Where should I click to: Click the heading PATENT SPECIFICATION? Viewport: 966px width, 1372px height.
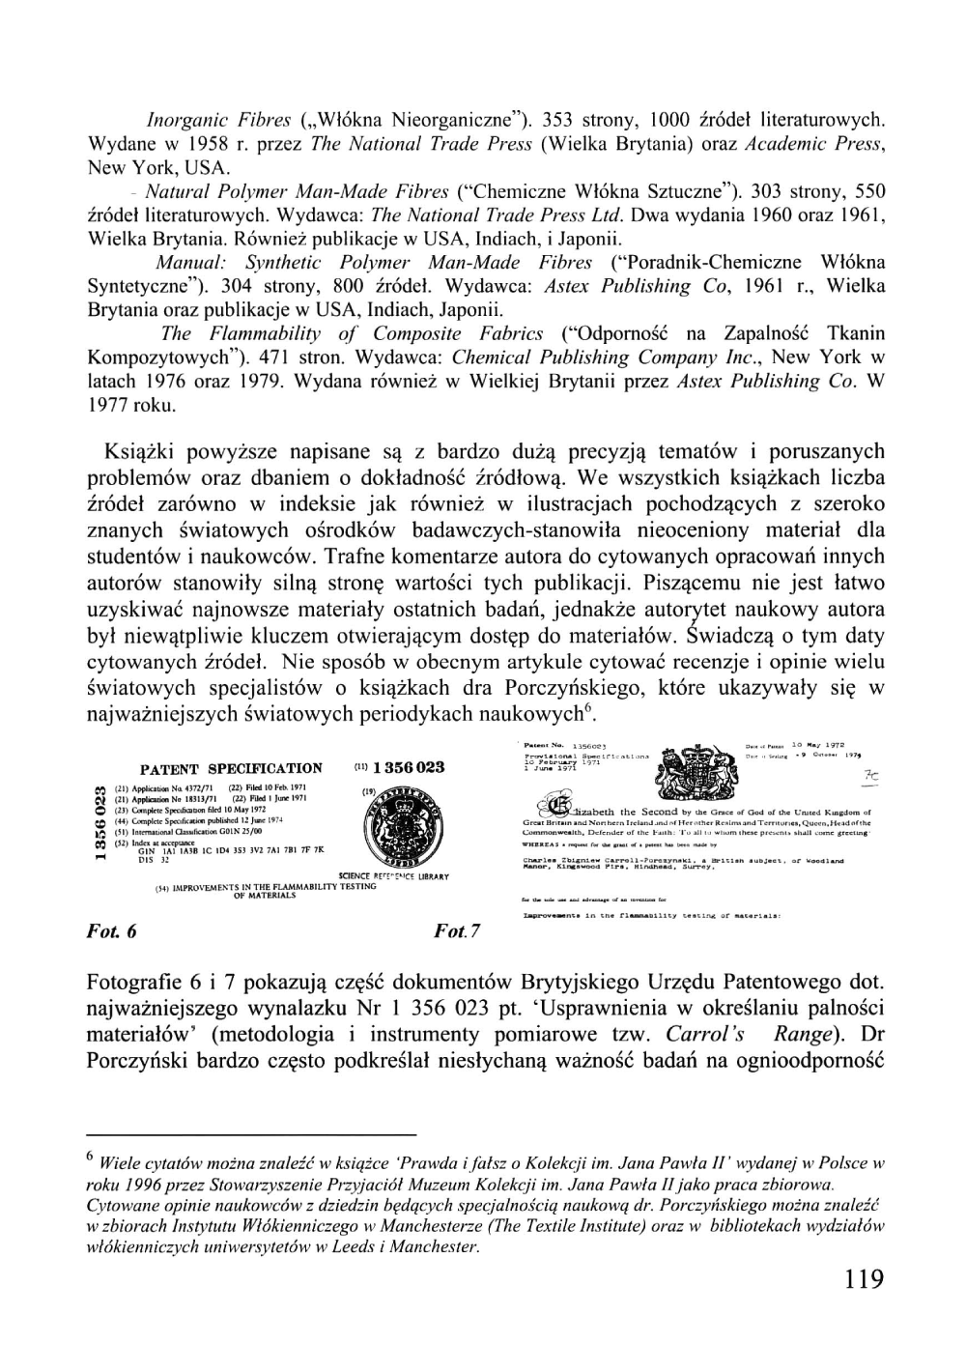[232, 769]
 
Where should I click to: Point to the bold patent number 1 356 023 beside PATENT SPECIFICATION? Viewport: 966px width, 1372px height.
[407, 767]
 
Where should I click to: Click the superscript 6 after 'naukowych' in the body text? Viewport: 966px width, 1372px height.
[586, 710]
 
